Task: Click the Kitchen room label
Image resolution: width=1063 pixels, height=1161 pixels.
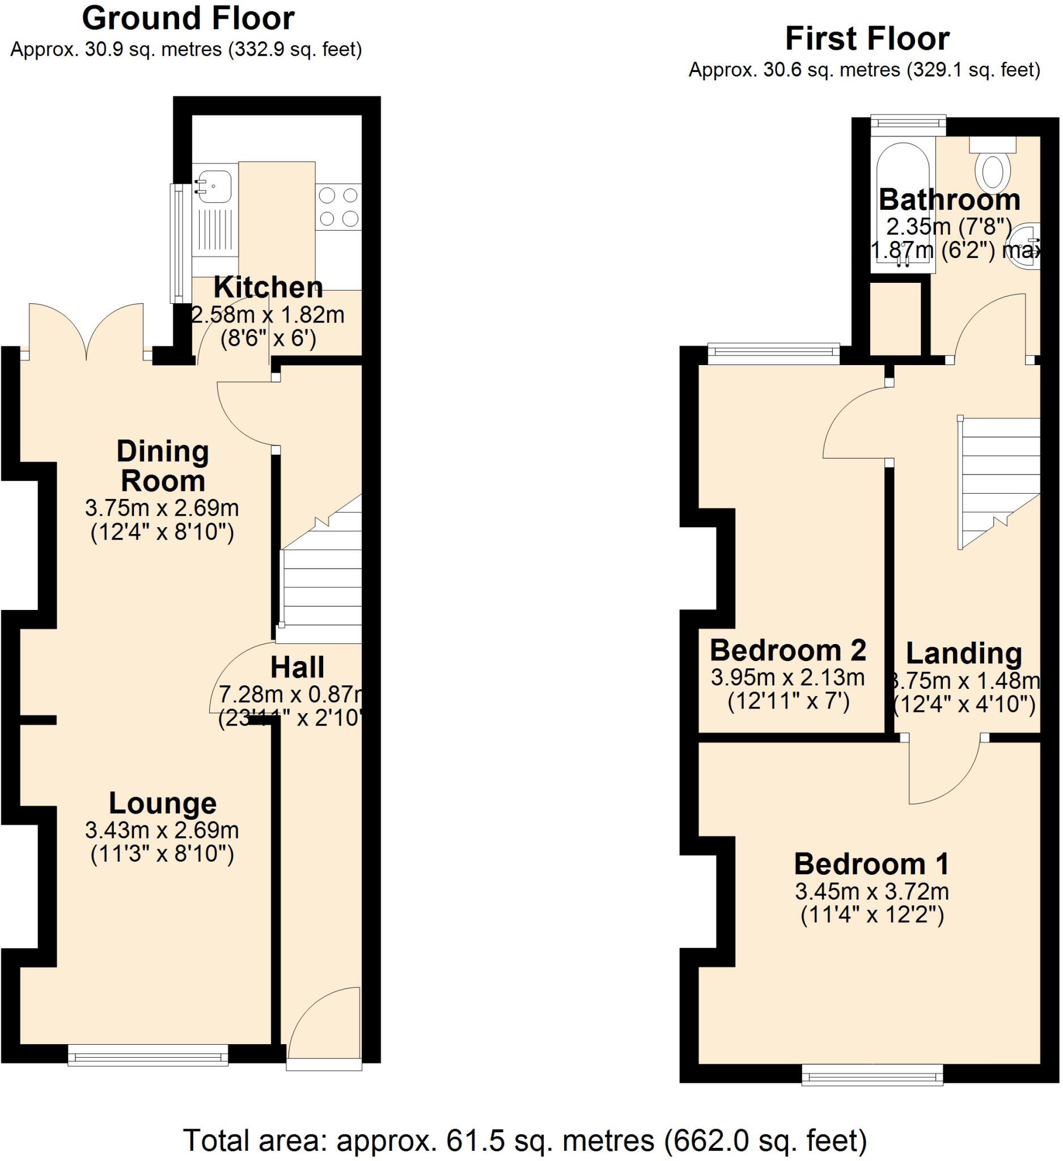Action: tap(268, 287)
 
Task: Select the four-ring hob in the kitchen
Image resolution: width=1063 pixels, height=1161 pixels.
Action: tap(338, 207)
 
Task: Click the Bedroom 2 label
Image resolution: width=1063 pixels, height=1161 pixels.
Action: tap(787, 651)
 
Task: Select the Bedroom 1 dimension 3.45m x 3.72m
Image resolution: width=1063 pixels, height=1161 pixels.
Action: tap(872, 892)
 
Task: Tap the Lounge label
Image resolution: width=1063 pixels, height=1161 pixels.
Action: tap(162, 803)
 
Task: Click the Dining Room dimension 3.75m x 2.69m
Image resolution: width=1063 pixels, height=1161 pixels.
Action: tap(162, 508)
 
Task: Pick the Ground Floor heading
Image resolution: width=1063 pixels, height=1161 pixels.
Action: tap(188, 19)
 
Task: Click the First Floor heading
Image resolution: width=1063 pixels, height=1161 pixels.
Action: tap(867, 39)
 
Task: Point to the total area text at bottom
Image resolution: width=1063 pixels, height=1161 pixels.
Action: tap(524, 1139)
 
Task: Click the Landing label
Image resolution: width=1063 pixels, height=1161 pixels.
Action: tap(964, 653)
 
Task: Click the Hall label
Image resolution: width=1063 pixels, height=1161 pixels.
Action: tap(297, 667)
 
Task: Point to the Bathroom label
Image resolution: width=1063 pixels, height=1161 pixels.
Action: tap(949, 200)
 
